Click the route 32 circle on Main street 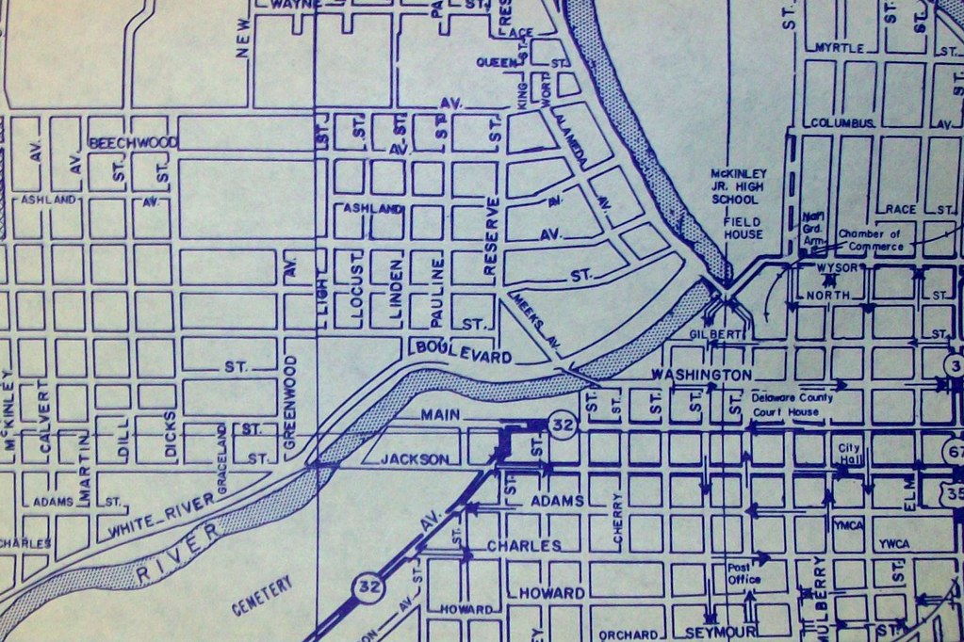(563, 426)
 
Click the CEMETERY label (262, 595)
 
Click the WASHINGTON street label (700, 376)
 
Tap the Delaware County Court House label (792, 404)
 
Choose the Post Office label (743, 573)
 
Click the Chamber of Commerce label (870, 240)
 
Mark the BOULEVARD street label (463, 352)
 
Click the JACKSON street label (416, 459)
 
